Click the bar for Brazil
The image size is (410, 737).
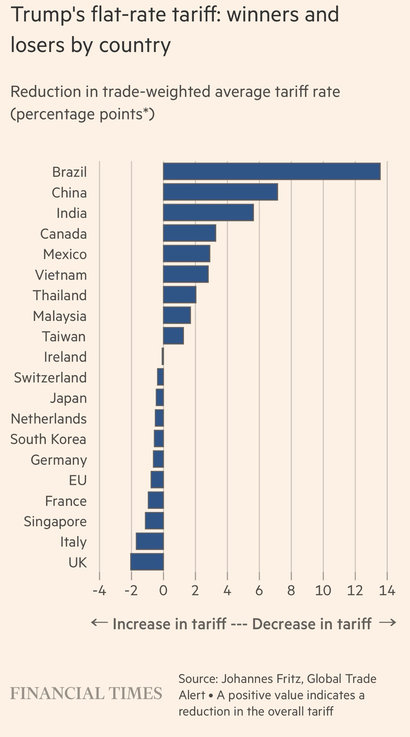(x=271, y=171)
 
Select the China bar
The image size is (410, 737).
(x=220, y=192)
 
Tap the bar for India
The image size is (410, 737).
(x=208, y=213)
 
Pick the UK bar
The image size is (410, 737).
(x=147, y=562)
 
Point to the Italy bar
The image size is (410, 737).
(x=150, y=541)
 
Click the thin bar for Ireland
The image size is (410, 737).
(x=163, y=357)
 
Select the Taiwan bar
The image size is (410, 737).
(x=173, y=336)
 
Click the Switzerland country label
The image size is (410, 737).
(x=50, y=378)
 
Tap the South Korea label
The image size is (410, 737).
(x=48, y=439)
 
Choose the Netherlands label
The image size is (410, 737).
(x=49, y=419)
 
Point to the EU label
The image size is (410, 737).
(x=78, y=481)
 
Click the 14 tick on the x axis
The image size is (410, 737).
(x=387, y=591)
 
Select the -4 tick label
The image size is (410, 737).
(x=99, y=591)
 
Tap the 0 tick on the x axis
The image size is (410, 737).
(x=163, y=591)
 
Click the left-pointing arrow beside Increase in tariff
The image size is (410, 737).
(x=99, y=623)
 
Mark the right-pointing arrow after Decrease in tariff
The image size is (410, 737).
(x=388, y=623)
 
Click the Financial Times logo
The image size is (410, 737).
(x=86, y=694)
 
